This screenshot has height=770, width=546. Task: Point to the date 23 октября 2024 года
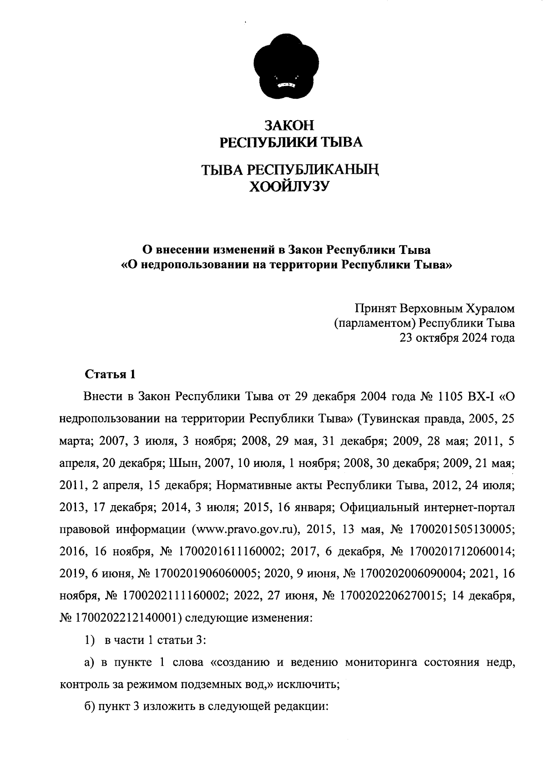[457, 338]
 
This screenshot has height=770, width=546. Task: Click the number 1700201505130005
[462, 530]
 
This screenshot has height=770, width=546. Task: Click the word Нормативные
[268, 485]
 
